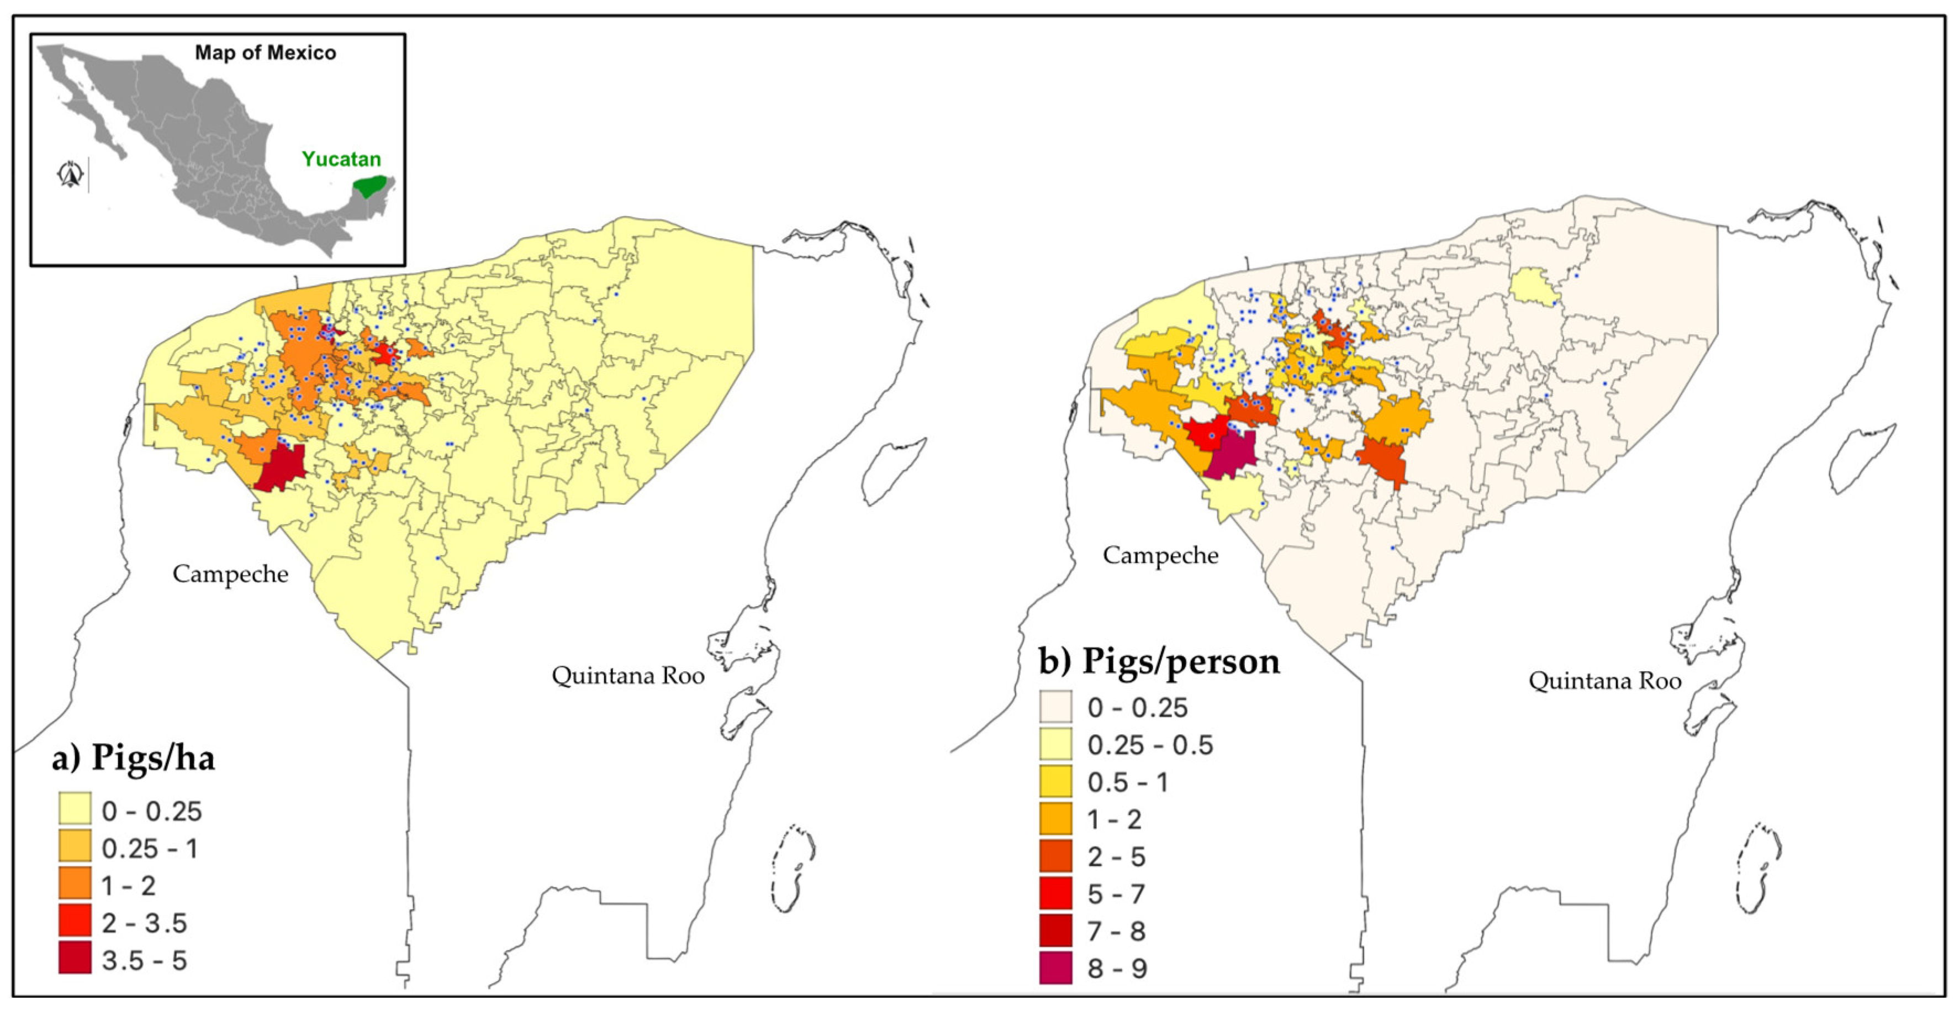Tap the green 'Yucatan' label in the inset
(341, 159)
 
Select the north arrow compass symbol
(71, 174)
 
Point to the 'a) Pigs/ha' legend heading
(133, 757)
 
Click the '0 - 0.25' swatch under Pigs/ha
(75, 809)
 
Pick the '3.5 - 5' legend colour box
(75, 958)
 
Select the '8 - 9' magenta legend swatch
(1055, 968)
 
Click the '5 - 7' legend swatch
(1055, 893)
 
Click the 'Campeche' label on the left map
(230, 574)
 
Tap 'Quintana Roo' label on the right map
(1604, 680)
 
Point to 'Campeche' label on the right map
(1160, 555)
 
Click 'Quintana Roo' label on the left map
(627, 675)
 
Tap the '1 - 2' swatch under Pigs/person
(1055, 819)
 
